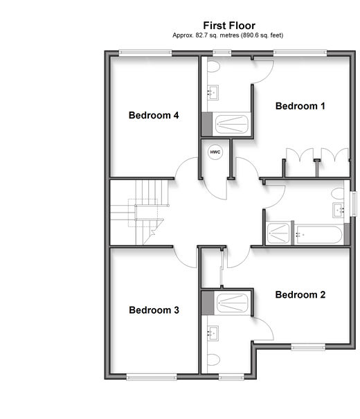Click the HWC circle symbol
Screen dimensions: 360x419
[215, 152]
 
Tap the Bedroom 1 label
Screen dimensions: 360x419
[300, 106]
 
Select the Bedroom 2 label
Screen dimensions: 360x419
[300, 295]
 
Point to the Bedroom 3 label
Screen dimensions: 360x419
[154, 310]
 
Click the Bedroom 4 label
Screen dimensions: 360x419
[154, 115]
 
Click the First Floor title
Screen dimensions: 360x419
[229, 26]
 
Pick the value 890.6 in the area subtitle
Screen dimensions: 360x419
[251, 35]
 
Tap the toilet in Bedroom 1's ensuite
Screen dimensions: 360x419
[213, 66]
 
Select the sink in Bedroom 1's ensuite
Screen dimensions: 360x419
[213, 93]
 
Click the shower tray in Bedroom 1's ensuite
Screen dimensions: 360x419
[231, 124]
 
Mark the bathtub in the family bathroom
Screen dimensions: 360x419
[319, 235]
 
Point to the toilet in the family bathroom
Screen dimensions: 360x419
[338, 193]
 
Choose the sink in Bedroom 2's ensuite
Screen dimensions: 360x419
[213, 333]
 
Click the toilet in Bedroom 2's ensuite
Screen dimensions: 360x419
[213, 359]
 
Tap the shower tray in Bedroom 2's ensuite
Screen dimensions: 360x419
[233, 303]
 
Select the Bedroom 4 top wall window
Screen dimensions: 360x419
[145, 53]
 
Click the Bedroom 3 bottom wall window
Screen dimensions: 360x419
[152, 377]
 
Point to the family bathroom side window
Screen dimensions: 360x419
[354, 204]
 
